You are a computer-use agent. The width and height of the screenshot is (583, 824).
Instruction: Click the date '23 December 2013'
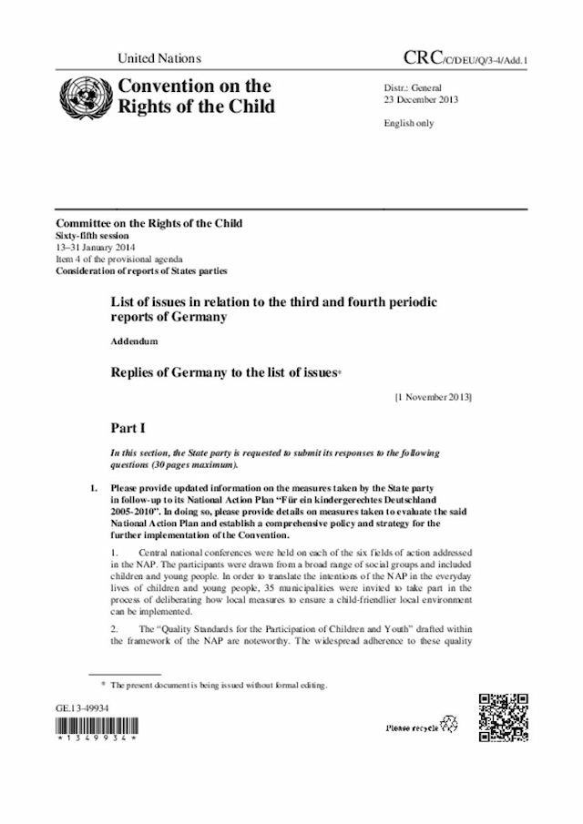pos(414,99)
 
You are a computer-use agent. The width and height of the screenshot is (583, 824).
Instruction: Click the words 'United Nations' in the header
pos(159,58)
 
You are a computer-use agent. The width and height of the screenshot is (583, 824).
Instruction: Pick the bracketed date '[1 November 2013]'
pos(433,397)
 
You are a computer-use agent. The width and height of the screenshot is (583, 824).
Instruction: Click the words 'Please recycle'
pos(412,727)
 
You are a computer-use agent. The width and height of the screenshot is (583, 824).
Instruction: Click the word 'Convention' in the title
pos(168,86)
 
